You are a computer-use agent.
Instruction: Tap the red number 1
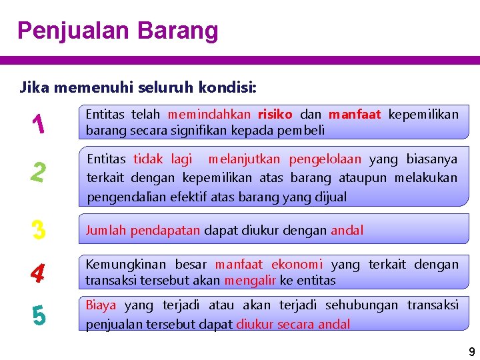coord(38,123)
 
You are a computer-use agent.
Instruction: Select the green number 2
coord(38,173)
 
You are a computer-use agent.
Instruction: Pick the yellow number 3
coord(38,230)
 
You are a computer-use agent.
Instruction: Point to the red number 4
coord(38,273)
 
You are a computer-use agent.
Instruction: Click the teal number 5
coord(38,315)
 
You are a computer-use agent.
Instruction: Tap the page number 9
coord(471,352)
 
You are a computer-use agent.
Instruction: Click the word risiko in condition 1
coord(275,115)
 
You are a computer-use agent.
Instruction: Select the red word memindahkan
coord(209,115)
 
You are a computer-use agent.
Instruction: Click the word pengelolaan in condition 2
coord(325,159)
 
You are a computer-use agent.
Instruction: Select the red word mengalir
coord(249,281)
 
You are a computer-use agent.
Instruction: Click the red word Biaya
coord(101,305)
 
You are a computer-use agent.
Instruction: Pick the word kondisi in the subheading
coord(232,87)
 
